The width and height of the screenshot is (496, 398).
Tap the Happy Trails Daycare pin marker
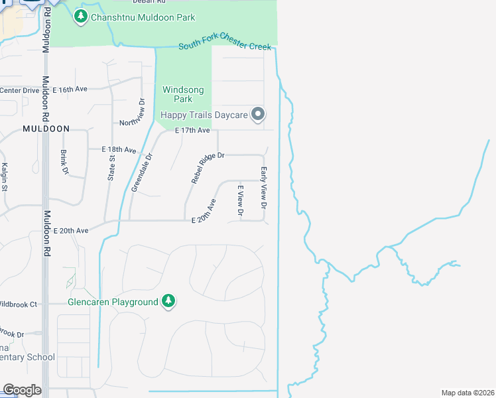click(x=259, y=115)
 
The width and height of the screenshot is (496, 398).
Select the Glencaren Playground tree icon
click(x=169, y=302)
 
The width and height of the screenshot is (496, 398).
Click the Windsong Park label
click(x=183, y=94)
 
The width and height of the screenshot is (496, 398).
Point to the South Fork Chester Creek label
click(x=225, y=45)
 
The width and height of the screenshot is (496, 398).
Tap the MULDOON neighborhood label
click(x=46, y=128)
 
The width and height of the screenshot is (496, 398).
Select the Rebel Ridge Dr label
click(x=208, y=168)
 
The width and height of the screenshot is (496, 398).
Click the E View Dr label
click(x=241, y=202)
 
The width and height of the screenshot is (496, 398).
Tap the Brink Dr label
click(x=64, y=162)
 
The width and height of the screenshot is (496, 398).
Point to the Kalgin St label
click(x=4, y=176)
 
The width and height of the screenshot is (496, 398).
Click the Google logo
click(x=22, y=389)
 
